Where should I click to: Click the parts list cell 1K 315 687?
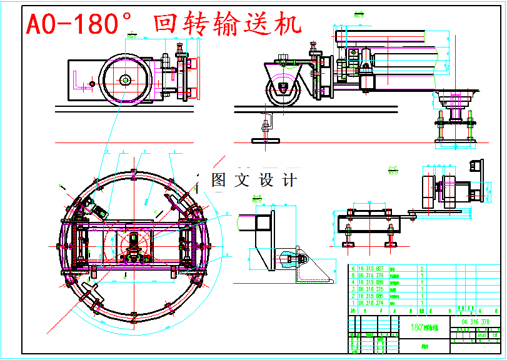(369, 267)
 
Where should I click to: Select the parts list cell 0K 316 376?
(369, 274)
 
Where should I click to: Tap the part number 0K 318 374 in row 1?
(369, 303)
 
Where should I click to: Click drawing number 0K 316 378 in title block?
(475, 322)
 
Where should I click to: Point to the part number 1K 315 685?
(369, 296)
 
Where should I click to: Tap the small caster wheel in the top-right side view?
(284, 89)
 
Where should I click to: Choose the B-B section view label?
(256, 200)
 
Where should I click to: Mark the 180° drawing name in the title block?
(425, 327)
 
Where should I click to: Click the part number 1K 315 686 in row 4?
(369, 282)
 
